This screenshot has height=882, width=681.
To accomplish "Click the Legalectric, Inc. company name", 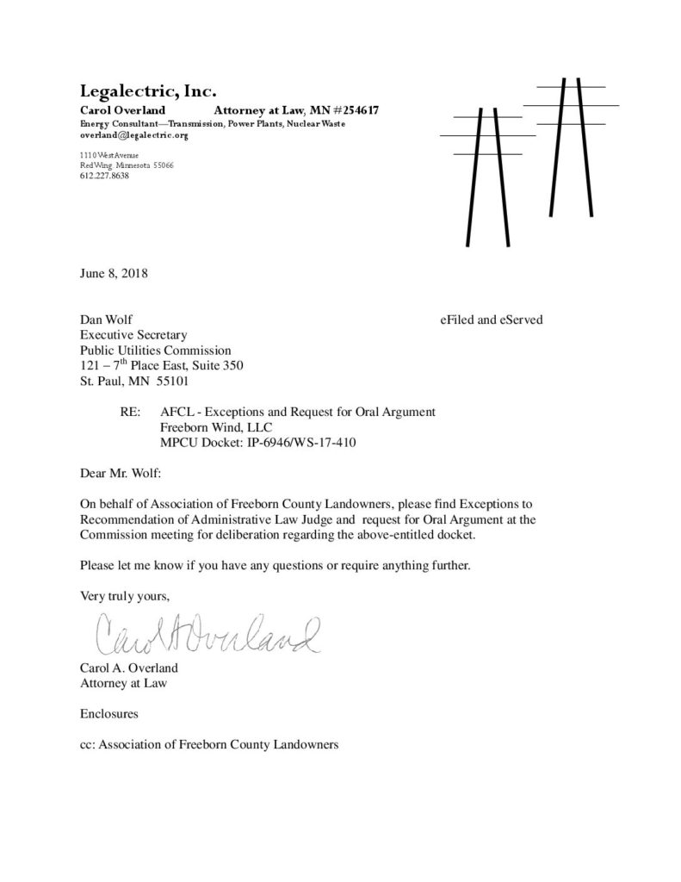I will (148, 90).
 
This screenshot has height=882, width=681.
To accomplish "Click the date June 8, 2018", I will (114, 275).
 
